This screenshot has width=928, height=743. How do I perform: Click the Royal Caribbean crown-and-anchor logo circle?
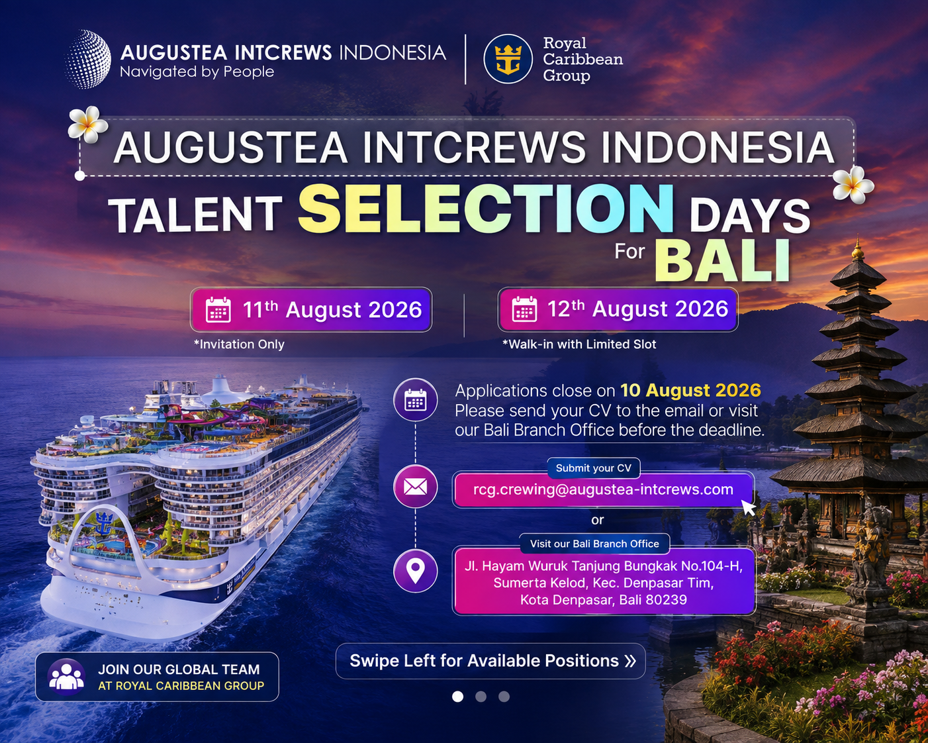click(508, 59)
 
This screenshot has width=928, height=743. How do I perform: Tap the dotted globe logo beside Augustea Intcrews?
click(88, 59)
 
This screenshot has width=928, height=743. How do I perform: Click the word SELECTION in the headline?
click(486, 209)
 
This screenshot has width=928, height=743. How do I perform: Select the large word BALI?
click(722, 261)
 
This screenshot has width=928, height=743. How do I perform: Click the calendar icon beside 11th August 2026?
click(218, 310)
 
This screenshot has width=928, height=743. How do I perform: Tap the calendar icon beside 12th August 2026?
click(524, 309)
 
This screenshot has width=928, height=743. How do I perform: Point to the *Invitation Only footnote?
click(239, 344)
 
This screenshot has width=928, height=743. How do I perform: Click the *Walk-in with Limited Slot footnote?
click(579, 344)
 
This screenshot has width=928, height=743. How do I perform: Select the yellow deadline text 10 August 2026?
click(690, 390)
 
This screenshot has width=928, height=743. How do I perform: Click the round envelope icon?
click(415, 487)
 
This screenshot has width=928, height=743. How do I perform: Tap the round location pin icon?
click(415, 571)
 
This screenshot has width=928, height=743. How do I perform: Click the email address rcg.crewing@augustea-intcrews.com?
click(603, 489)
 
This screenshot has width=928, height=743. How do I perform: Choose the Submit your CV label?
click(593, 468)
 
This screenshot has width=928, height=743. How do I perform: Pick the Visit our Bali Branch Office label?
click(594, 544)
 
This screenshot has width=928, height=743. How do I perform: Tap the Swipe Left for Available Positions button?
click(490, 661)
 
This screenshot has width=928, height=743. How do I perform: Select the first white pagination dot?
click(457, 697)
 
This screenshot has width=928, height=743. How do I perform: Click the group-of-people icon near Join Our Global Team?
click(66, 677)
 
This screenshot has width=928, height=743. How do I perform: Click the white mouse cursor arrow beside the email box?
click(749, 507)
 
